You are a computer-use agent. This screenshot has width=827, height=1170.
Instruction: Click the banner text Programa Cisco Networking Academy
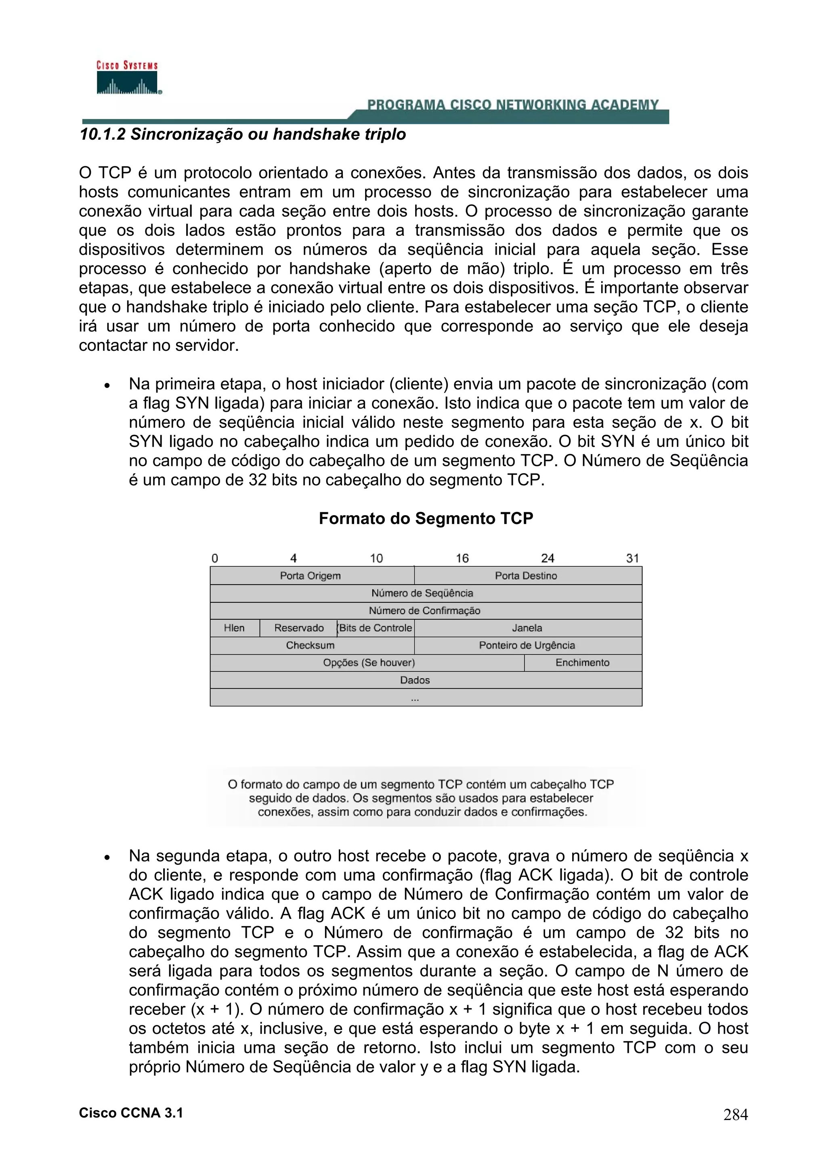point(512,105)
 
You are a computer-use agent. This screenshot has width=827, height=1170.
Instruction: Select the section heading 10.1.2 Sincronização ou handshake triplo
point(243,134)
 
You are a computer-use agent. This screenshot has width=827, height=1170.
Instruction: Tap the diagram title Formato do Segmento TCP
point(426,518)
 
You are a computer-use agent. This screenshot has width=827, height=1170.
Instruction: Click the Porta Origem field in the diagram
point(310,576)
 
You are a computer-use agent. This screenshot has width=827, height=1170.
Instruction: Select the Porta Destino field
point(526,576)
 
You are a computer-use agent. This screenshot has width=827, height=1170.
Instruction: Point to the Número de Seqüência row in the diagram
point(422,593)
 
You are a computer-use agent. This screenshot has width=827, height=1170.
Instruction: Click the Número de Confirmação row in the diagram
point(424,610)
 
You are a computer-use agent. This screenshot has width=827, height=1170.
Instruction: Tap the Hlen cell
point(234,628)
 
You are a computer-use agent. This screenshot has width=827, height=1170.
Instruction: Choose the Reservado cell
point(298,628)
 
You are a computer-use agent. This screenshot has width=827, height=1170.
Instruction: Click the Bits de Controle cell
point(376,628)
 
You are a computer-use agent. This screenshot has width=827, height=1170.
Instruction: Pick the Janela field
point(527,628)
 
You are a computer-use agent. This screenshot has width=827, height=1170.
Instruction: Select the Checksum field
point(310,645)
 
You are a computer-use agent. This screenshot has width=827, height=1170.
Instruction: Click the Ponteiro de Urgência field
point(527,645)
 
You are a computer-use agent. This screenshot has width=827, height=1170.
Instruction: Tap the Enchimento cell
point(582,663)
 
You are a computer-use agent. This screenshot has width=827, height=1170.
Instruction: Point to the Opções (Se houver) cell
point(369,663)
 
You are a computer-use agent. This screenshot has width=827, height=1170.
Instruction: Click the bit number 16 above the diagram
point(462,558)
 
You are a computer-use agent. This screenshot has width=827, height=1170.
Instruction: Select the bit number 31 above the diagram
point(632,558)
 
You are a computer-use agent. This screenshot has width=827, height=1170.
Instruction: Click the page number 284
point(735,1115)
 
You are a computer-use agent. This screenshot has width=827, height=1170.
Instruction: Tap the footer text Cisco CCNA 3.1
point(131,1113)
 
